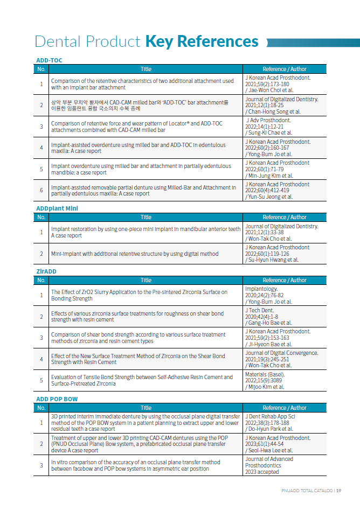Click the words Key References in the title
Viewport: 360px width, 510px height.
pos(202,41)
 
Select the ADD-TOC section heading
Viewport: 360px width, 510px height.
pos(49,60)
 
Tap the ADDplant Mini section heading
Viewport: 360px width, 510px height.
pos(57,208)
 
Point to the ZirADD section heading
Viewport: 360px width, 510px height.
pos(46,271)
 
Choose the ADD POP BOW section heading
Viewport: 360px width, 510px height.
pos(57,399)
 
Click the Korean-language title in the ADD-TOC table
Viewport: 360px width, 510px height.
pos(140,105)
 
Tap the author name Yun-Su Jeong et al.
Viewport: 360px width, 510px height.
pos(269,197)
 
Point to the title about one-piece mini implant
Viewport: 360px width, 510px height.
pos(146,232)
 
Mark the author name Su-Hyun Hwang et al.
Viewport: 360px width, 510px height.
pos(272,260)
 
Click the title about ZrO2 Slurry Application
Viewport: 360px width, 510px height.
pos(139,295)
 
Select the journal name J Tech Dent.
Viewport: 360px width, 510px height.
pos(260,310)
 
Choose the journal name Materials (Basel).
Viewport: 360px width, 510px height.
pos(265,374)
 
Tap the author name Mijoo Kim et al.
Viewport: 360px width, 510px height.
pos(265,387)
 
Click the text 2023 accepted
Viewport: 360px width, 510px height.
pos(262,472)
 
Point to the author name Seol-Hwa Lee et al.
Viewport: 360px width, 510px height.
pos(270,450)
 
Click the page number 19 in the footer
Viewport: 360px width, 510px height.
pos(339,491)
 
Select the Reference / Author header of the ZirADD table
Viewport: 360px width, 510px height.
pos(285,280)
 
